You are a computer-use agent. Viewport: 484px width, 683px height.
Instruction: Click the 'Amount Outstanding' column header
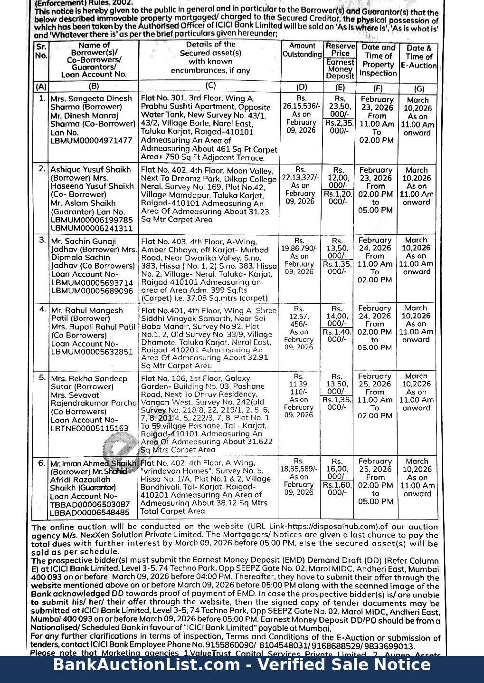coord(302,50)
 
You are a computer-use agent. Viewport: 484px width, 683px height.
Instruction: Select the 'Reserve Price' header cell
coord(340,49)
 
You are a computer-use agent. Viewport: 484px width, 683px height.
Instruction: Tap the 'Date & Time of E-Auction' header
coord(418,57)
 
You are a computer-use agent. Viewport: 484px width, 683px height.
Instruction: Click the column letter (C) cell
coord(210,86)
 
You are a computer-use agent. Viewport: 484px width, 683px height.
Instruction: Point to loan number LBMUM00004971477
coord(91,141)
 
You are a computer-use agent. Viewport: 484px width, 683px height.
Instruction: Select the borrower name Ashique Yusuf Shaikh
coord(90,170)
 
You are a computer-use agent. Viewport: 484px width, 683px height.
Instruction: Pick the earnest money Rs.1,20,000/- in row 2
coord(338,198)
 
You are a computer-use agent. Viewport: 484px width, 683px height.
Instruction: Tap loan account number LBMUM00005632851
coord(92,352)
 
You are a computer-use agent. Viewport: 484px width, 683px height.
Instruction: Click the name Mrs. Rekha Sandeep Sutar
coord(89,383)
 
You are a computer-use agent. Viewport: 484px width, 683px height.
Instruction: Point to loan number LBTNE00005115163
coord(89,428)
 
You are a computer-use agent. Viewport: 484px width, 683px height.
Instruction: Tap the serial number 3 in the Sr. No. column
coord(42,240)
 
